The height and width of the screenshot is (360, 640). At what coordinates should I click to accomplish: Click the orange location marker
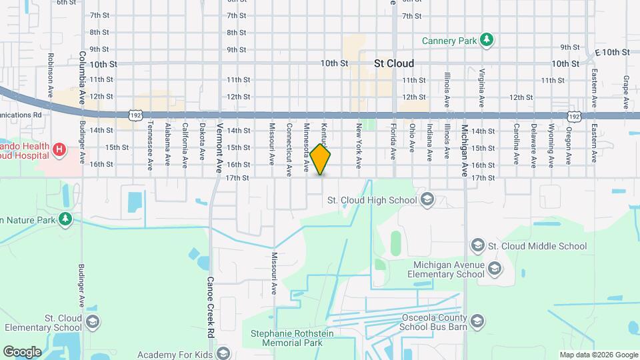(x=321, y=159)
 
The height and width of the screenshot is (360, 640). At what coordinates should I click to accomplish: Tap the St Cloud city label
(x=393, y=63)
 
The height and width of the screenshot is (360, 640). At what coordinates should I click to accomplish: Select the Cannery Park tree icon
(x=488, y=41)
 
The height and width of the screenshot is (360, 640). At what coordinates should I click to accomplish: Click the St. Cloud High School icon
(x=427, y=199)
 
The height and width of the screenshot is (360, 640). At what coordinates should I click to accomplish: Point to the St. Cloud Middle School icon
(x=477, y=246)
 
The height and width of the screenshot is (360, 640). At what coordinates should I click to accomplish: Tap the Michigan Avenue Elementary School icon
(x=494, y=269)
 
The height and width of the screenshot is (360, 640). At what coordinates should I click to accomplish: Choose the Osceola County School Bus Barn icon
(x=477, y=322)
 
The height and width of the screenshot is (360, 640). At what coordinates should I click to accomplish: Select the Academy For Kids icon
(x=223, y=354)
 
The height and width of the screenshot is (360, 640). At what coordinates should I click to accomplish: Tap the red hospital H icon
(x=59, y=149)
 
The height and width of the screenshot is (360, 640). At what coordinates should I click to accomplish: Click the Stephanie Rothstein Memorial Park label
(x=287, y=338)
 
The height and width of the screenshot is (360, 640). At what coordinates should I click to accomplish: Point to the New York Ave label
(x=359, y=145)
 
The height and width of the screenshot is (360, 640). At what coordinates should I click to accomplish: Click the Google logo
(x=22, y=351)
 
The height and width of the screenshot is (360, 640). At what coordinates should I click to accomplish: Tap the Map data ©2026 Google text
(x=598, y=355)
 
